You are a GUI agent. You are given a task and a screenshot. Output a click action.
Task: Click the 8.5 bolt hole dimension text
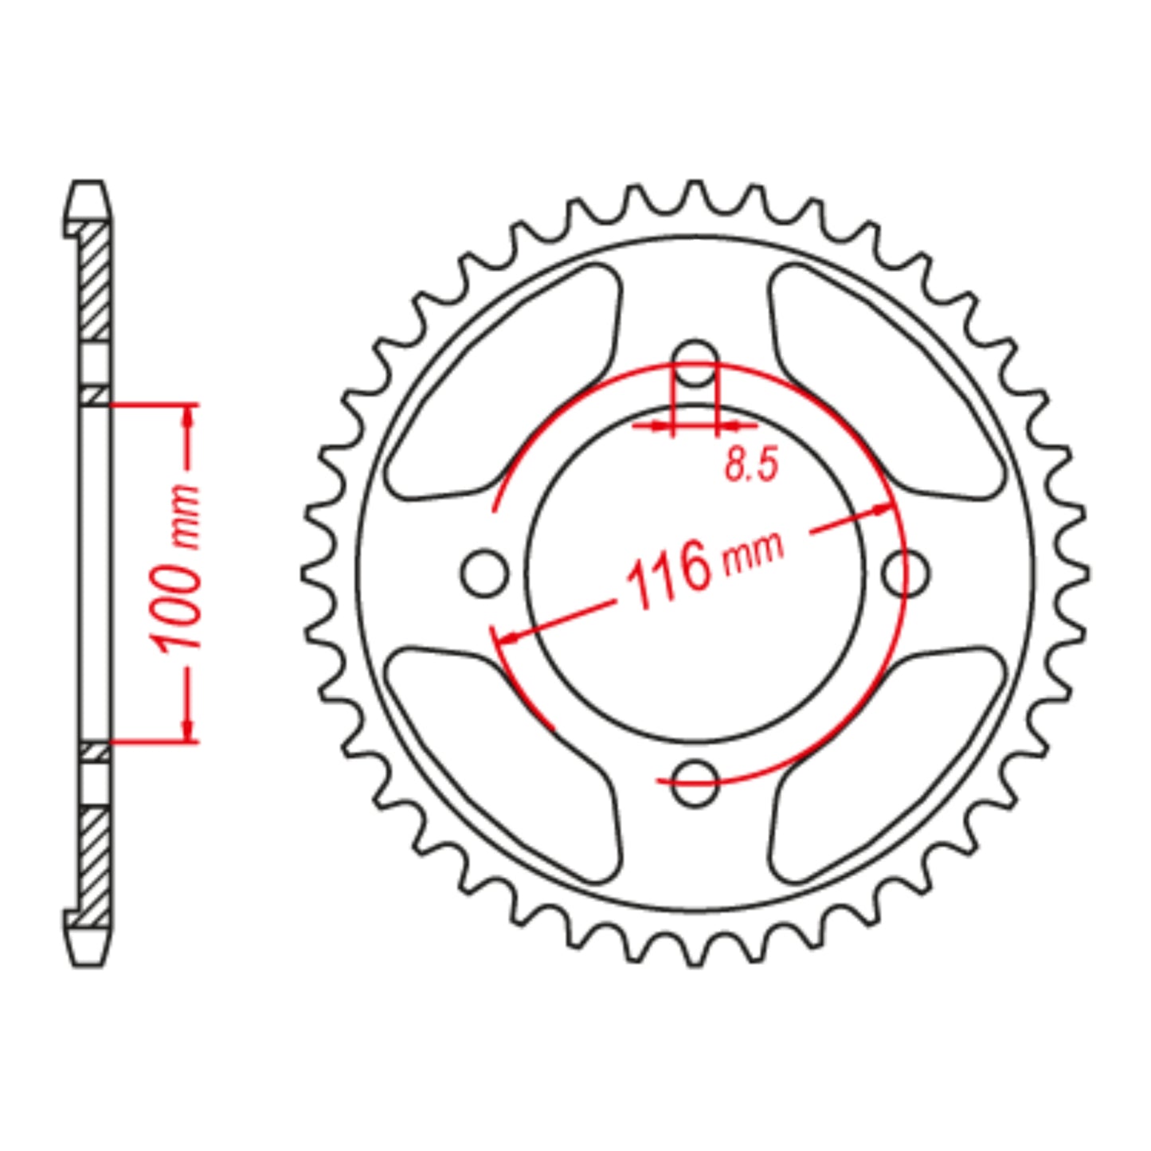[x=750, y=464]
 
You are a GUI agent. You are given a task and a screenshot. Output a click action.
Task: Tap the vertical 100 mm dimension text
[x=178, y=568]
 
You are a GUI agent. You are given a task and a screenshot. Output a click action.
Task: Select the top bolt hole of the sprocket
[x=695, y=363]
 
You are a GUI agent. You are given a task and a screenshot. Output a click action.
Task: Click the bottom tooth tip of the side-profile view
[x=88, y=950]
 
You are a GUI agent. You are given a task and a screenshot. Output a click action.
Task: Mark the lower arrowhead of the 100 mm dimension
[x=188, y=730]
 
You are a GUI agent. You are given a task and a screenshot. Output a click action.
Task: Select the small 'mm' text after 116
[x=753, y=552]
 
